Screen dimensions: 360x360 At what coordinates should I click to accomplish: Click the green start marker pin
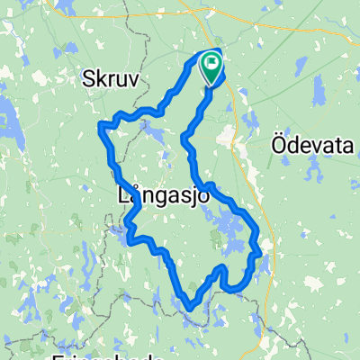click(213, 68)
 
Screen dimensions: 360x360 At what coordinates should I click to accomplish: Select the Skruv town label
click(112, 79)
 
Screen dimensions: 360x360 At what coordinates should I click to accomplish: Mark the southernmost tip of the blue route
click(189, 309)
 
